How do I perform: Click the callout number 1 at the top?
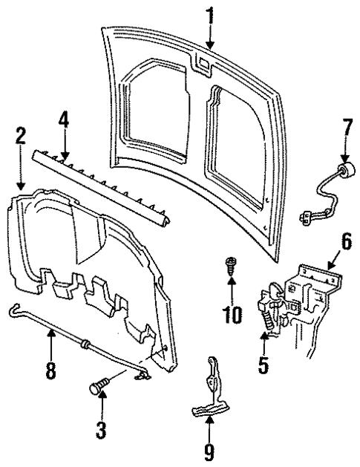(209, 13)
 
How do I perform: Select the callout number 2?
(20, 136)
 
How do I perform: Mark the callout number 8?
(50, 369)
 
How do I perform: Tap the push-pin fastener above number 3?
(99, 386)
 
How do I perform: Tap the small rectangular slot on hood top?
(201, 64)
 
